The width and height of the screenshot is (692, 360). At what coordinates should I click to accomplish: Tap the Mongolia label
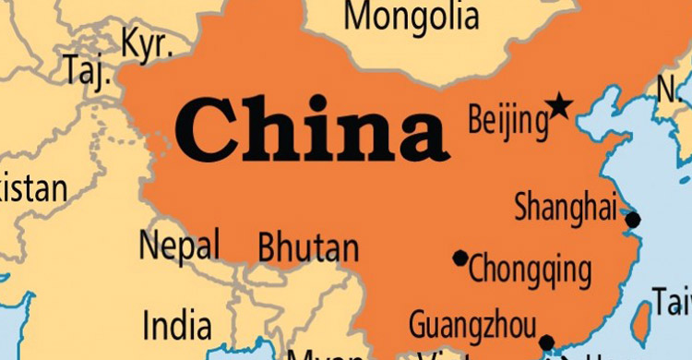[412, 17]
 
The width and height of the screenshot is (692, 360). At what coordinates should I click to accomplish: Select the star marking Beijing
[558, 107]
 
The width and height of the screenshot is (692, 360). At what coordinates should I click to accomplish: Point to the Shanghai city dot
[633, 220]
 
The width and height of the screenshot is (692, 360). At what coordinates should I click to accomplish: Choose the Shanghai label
[565, 207]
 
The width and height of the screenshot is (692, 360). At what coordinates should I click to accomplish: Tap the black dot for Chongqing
[460, 258]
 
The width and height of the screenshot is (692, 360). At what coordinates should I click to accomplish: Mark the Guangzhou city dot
[546, 342]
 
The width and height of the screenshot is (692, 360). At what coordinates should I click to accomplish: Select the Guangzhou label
[472, 325]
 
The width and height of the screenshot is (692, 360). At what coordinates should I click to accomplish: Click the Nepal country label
[180, 246]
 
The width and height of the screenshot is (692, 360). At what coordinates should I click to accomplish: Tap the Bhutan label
[308, 247]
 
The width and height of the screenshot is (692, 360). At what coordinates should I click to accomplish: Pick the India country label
[176, 325]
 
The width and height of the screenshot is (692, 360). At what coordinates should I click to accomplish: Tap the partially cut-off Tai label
[673, 300]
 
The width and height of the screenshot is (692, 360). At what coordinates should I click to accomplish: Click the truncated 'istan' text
[34, 189]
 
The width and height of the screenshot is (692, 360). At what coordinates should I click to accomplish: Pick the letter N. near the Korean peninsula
[668, 90]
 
